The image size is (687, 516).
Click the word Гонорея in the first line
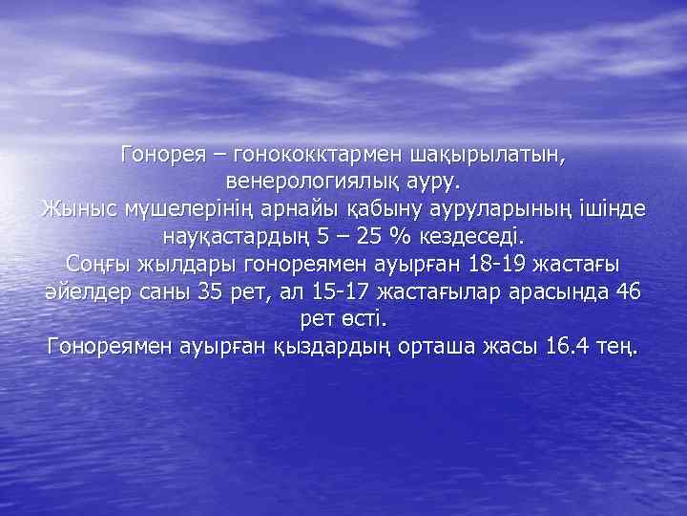pyautogui.click(x=167, y=153)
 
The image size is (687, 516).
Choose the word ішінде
pyautogui.click(x=609, y=207)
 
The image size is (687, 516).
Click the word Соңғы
pyautogui.click(x=98, y=263)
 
